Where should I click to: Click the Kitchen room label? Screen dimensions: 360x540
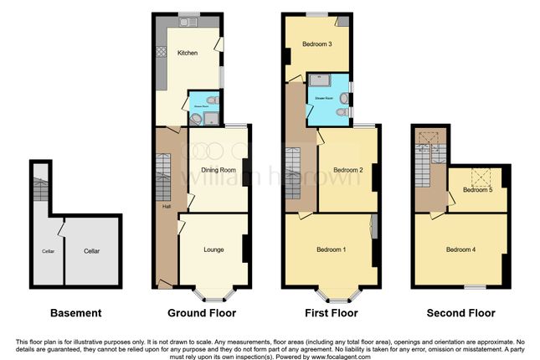coord(187,54)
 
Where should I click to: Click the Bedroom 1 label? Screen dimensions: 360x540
coord(332,249)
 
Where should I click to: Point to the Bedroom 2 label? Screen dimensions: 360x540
coord(347,170)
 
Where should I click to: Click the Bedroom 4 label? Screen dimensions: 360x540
coord(461,249)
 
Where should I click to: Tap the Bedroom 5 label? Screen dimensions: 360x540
coord(477,190)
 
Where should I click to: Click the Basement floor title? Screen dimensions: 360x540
coord(76,313)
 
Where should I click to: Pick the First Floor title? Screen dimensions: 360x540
coord(330,313)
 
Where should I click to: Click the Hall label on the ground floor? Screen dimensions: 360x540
coord(164,205)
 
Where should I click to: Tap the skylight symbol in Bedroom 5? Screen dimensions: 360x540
coord(481,177)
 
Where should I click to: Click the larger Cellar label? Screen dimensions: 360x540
coord(92,249)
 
